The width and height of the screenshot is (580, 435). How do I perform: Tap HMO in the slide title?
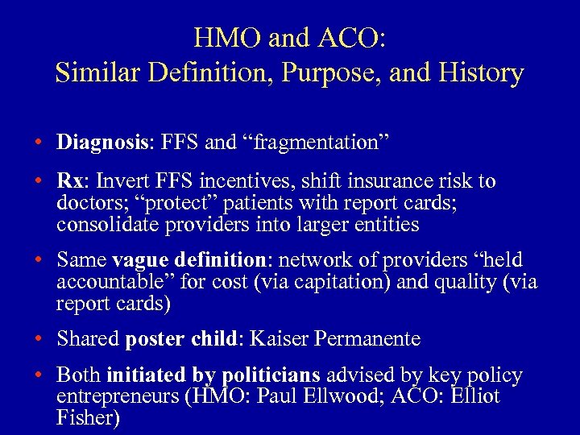click(222, 37)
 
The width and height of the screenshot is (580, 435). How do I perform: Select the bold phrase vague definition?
click(188, 260)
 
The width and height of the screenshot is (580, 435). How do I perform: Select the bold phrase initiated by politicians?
click(213, 375)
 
